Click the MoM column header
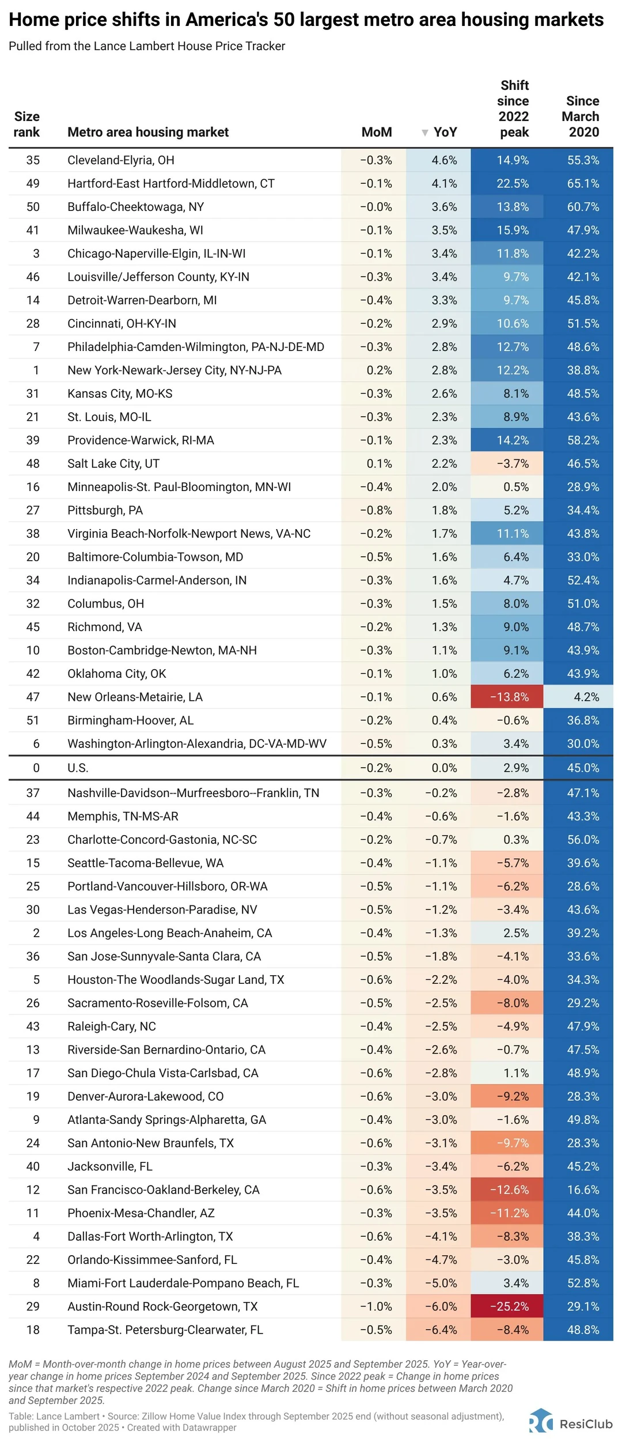(376, 132)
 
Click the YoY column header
(445, 132)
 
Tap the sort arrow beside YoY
(424, 133)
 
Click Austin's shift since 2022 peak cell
(509, 1307)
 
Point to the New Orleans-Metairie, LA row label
(135, 697)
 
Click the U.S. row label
(78, 768)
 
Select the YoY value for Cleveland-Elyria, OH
(444, 160)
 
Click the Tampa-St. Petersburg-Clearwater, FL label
(165, 1330)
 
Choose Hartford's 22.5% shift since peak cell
(513, 183)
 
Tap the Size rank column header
(26, 124)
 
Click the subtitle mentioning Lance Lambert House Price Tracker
(147, 46)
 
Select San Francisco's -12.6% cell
(509, 1190)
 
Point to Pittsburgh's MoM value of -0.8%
(376, 510)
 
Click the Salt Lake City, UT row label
(113, 463)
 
